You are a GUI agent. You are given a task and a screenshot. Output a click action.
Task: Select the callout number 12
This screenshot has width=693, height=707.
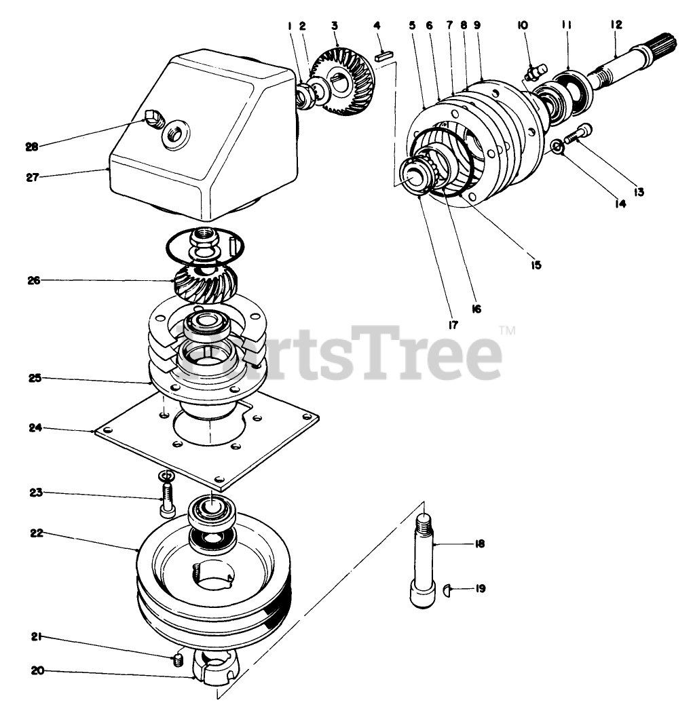click(616, 24)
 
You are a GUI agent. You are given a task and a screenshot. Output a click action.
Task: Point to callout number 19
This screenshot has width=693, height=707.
click(480, 589)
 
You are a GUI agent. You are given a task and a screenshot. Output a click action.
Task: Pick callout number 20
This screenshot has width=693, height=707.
click(37, 671)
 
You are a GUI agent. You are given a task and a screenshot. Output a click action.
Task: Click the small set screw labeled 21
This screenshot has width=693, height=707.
click(179, 659)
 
